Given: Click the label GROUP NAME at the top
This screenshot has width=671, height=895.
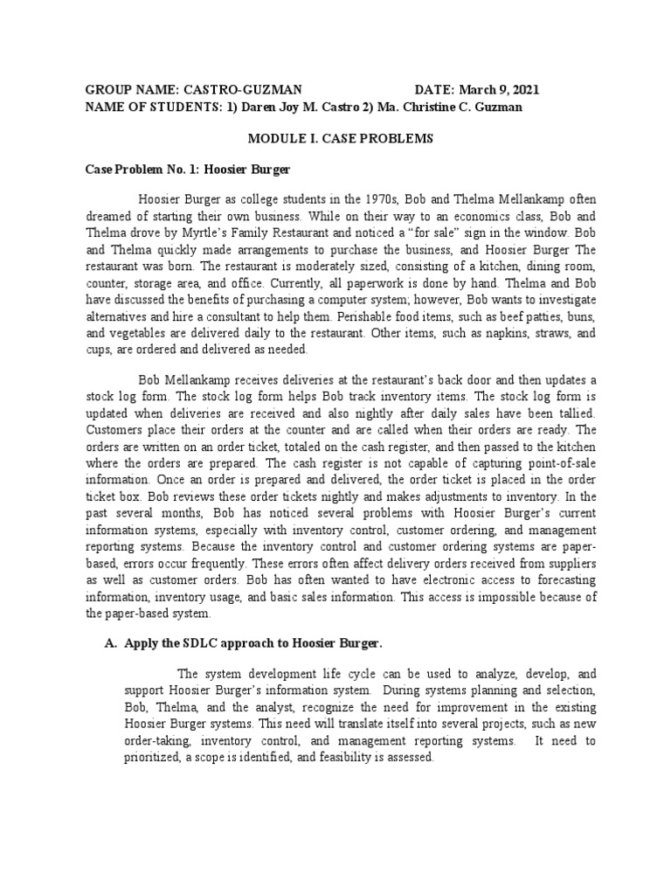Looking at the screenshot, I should pyautogui.click(x=130, y=90).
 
